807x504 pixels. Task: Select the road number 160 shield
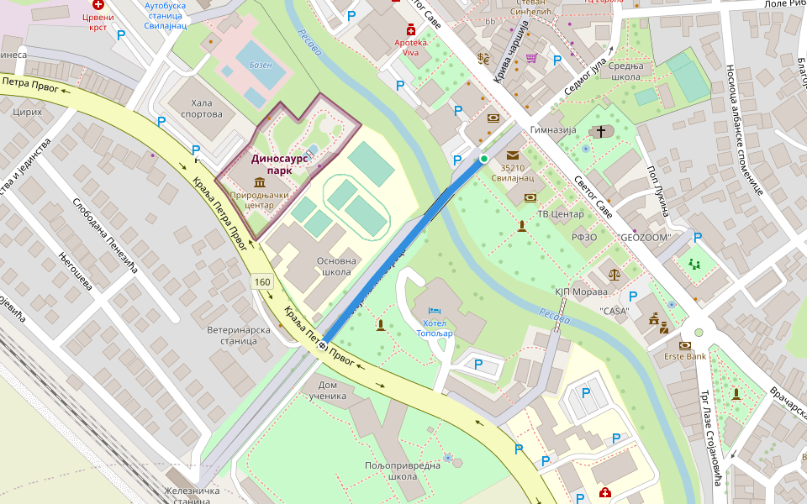tap(261, 282)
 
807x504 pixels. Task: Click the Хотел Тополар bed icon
tap(435, 311)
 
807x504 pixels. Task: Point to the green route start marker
tap(483, 158)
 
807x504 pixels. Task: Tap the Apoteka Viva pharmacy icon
tap(412, 29)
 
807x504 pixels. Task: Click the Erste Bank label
tap(684, 356)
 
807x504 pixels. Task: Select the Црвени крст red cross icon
tap(98, 4)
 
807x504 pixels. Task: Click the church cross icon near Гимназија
tap(600, 131)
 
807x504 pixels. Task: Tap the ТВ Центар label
tap(561, 214)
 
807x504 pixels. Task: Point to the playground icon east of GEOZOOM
tap(694, 263)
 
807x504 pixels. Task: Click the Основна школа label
tap(336, 266)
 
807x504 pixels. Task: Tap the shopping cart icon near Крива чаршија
tap(531, 58)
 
